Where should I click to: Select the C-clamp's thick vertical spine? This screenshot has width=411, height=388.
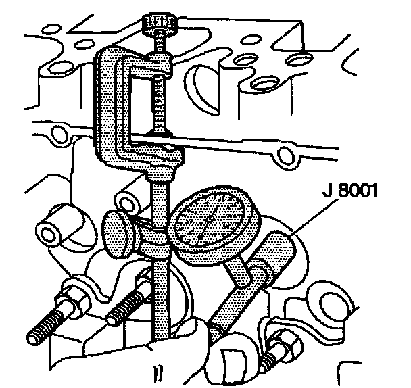tap(109, 108)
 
